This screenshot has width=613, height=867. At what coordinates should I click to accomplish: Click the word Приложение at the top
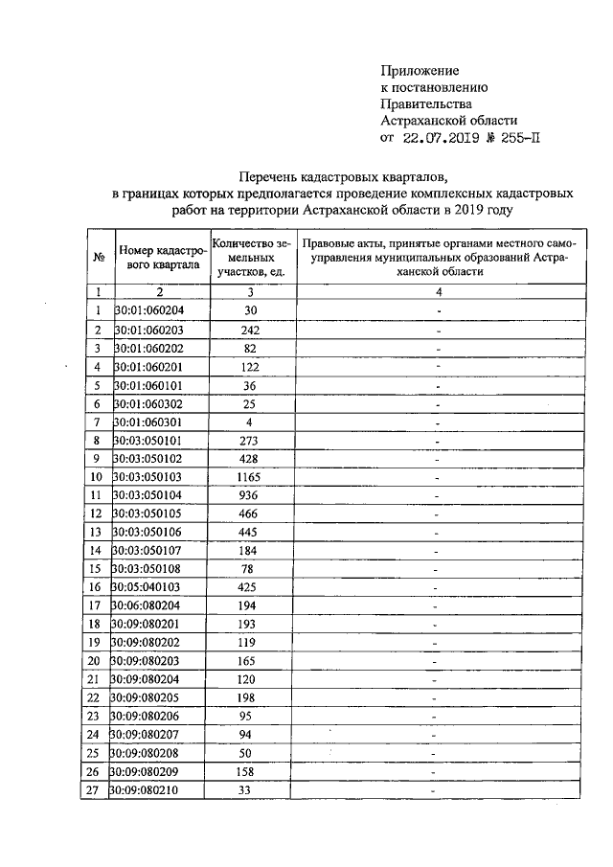tap(420, 71)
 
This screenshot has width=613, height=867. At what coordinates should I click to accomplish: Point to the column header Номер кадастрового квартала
tap(160, 256)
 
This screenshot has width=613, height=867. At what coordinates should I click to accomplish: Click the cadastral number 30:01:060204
tap(150, 310)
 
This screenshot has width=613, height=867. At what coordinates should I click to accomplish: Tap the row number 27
tap(94, 790)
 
